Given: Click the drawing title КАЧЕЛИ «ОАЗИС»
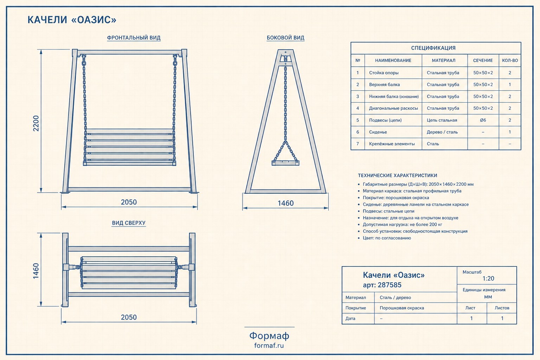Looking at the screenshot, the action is coord(72,20).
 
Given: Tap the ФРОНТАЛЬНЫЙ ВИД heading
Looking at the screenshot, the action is coord(134,38).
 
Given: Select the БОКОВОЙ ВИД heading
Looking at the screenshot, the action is coord(285,38).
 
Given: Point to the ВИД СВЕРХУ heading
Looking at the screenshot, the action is coord(129,223).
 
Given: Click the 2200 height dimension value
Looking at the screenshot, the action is coord(36,123).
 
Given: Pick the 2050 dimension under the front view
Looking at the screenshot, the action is coord(129,202).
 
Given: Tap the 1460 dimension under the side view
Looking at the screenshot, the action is coord(286,203).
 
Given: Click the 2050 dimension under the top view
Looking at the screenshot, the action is coord(129,317).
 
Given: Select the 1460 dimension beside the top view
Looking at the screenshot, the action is coord(36,271).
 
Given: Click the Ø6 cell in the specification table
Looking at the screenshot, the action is coord(483,120).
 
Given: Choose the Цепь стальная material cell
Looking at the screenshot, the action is coord(442,120).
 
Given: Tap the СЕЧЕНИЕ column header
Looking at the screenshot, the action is coord(483,60).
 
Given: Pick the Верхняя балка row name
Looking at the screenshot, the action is coord(384,85).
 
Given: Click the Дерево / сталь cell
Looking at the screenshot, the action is coord(442,132).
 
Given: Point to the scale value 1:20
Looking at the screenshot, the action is coord(488,278).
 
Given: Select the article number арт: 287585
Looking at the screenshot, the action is coord(382,285).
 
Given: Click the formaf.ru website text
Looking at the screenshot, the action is coord(269,346).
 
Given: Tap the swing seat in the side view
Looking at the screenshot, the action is coord(285,163).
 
